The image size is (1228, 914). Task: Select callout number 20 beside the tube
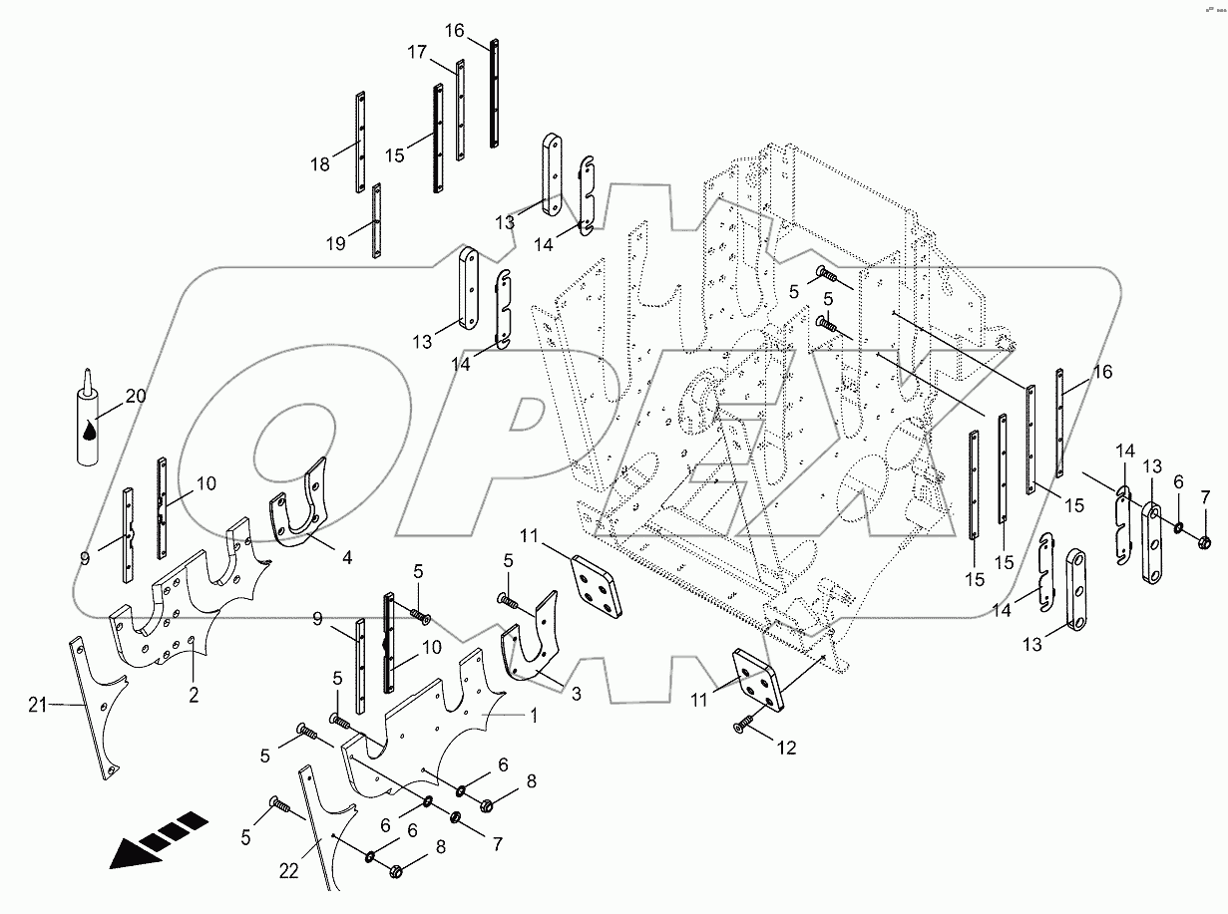pos(136,397)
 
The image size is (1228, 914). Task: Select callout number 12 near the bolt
pos(788,748)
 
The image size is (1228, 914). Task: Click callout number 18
pos(319,164)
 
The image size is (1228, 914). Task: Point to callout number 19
pos(335,243)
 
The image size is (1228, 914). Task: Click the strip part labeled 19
pos(377,221)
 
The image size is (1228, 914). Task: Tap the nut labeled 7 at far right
pos(1203,543)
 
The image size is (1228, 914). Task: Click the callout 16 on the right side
pos(1102,372)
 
